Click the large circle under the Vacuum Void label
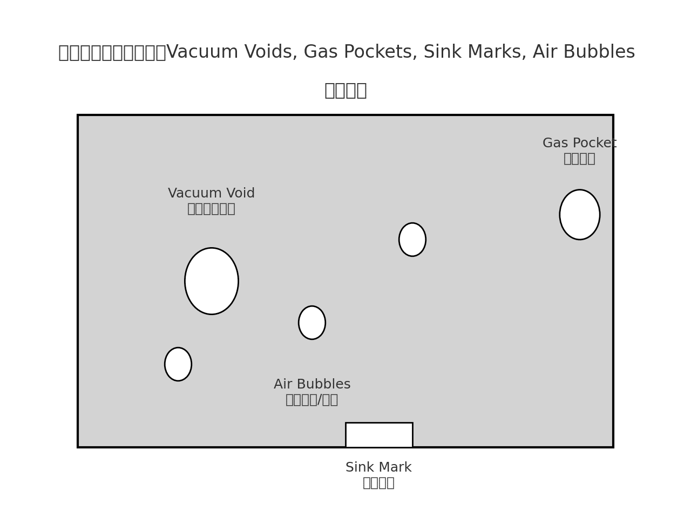(212, 281)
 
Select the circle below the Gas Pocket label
(580, 215)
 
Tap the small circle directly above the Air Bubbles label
(312, 323)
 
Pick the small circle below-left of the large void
(178, 364)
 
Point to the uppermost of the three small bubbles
(412, 240)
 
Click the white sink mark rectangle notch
(379, 435)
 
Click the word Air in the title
(544, 52)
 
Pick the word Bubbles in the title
(599, 52)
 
